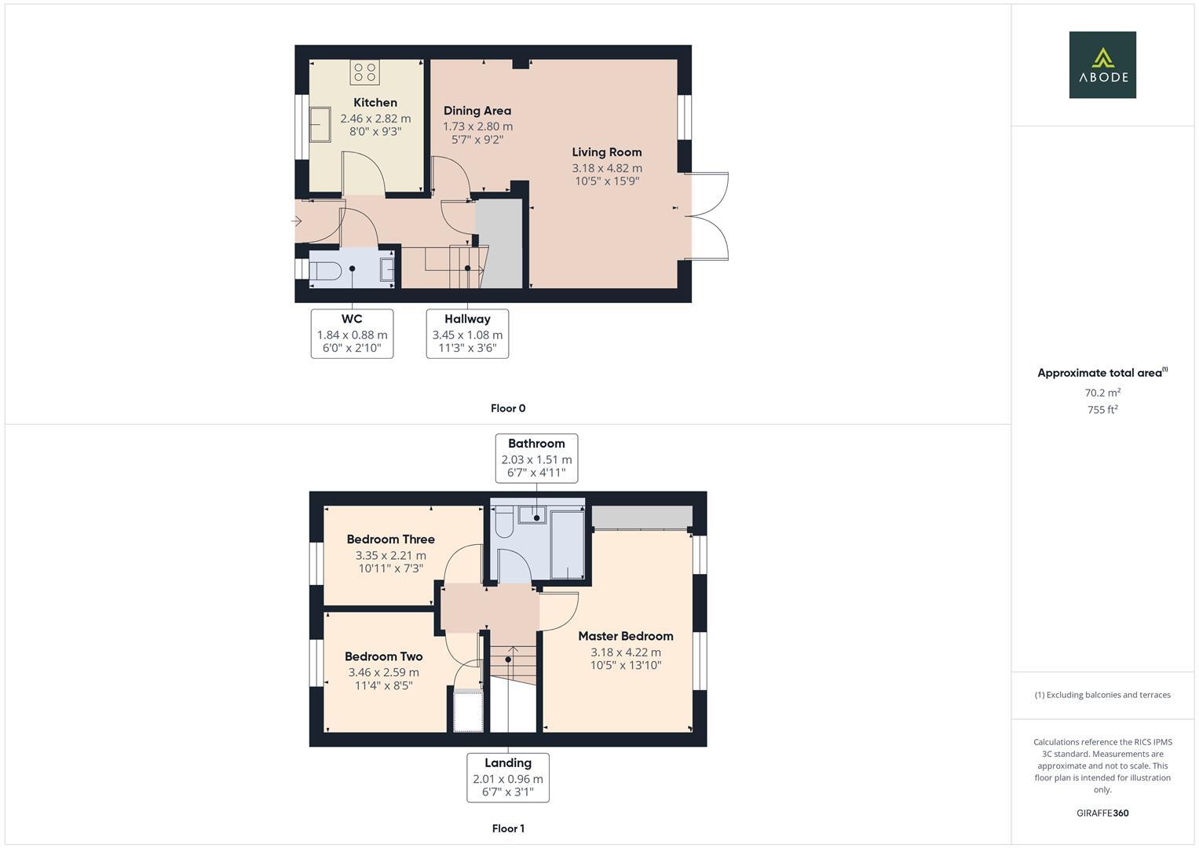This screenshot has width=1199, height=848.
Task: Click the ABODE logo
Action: [1102, 64]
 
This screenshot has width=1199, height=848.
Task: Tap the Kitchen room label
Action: [375, 103]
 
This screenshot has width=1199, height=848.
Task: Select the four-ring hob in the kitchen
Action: [364, 72]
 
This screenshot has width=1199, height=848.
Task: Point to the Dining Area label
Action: [477, 111]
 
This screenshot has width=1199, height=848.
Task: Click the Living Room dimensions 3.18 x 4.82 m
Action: [606, 168]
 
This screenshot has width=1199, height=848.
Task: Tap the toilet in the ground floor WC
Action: [324, 271]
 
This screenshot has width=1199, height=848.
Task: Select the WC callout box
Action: [352, 333]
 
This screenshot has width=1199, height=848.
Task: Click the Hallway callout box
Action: [467, 333]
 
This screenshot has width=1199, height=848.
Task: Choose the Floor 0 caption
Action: [507, 408]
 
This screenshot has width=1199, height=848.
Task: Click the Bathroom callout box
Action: [536, 458]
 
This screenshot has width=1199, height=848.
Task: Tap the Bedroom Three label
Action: [390, 539]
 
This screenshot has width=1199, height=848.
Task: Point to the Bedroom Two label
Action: [383, 656]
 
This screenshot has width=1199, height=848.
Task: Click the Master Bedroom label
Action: [625, 636]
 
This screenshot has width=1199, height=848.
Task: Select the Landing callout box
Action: [507, 777]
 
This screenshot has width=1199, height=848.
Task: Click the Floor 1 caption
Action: [507, 828]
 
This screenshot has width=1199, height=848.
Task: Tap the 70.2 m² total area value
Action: [1102, 393]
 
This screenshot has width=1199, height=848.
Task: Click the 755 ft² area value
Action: [1102, 410]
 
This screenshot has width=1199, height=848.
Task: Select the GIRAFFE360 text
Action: [1102, 813]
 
